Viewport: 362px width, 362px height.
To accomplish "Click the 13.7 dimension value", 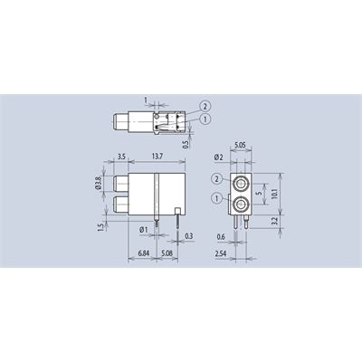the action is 157,157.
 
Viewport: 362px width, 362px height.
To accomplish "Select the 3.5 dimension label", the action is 121,157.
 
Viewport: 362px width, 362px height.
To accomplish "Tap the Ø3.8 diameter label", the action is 98,183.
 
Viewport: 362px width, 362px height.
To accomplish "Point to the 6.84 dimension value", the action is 144,253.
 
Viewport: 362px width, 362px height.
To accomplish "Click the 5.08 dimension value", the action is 167,253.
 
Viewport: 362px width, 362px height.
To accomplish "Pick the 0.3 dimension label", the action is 188,236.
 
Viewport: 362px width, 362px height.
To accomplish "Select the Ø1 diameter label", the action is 144,230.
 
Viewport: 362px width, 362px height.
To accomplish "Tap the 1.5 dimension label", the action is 101,226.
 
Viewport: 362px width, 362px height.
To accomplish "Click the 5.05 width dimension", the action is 240,145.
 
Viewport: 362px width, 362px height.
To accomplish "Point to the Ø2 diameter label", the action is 218,157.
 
